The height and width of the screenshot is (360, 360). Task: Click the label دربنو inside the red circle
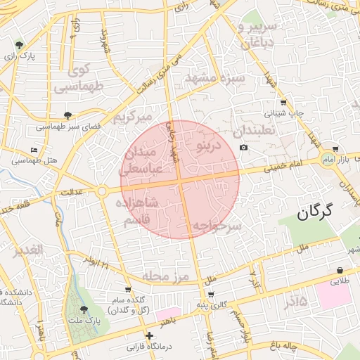(x=208, y=146)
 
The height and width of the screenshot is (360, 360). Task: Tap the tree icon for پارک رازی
(x=19, y=45)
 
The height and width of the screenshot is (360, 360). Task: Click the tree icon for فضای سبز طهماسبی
(x=67, y=115)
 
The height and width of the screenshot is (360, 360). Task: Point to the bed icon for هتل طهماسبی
(x=34, y=150)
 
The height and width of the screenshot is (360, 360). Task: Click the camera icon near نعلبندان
(x=243, y=148)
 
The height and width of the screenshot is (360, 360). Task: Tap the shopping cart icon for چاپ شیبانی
(x=283, y=102)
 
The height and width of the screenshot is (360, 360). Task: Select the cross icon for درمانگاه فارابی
(x=148, y=336)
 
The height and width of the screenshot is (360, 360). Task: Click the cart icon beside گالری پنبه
(x=211, y=294)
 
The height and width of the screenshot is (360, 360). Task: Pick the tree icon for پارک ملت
(x=84, y=309)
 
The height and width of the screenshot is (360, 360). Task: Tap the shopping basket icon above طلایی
(x=340, y=270)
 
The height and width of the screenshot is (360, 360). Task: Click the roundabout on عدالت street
(x=102, y=191)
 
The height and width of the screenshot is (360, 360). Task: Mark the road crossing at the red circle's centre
(x=180, y=180)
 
